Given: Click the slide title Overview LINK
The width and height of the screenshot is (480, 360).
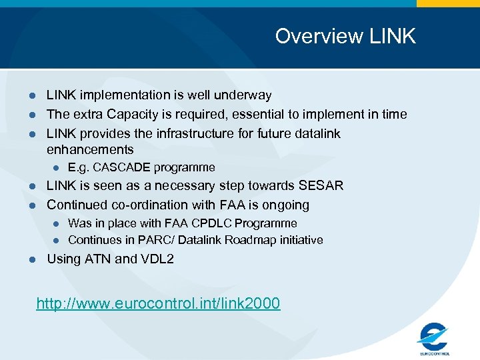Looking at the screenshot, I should [345, 36].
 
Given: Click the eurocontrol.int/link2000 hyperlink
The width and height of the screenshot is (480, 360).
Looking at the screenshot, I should [158, 304].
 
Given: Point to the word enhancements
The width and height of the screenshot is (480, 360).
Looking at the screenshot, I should [90, 150].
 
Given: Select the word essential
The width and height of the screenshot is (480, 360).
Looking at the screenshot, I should [256, 115].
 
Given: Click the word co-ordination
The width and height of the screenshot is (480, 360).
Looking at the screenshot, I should [151, 205].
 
